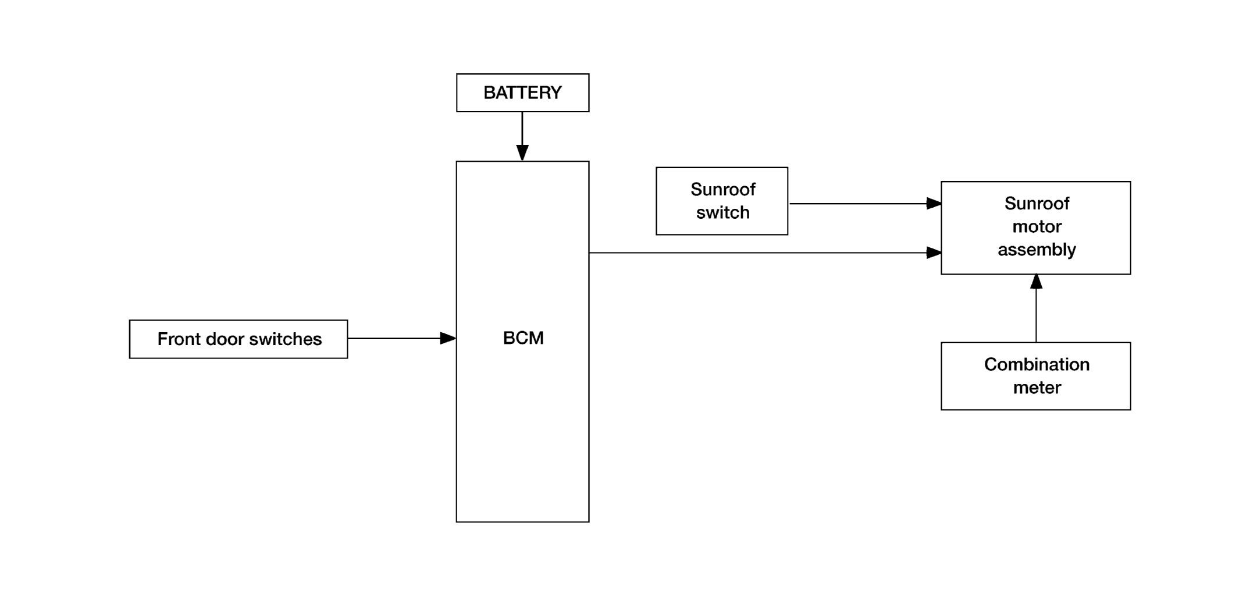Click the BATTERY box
522,93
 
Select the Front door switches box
238,339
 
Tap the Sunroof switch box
722,201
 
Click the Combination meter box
1035,376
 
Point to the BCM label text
523,338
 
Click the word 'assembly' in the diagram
1037,250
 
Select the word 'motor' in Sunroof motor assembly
1037,226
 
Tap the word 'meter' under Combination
1037,387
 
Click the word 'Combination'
1037,364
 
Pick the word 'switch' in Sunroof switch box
722,212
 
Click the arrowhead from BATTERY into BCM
522,153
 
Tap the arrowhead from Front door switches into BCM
448,338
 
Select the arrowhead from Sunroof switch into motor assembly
934,204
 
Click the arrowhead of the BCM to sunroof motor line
934,252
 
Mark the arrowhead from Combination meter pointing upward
1036,282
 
